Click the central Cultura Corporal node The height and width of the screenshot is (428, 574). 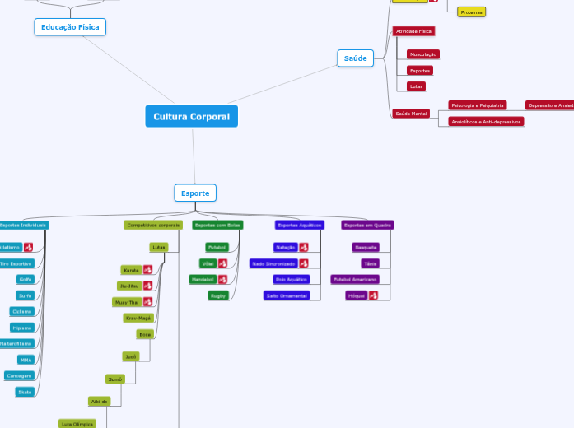tap(191, 116)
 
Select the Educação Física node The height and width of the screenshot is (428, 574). tap(70, 27)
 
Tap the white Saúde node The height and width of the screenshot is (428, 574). tap(355, 58)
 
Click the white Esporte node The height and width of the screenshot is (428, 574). tap(195, 193)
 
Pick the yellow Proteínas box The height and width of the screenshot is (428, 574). tap(471, 12)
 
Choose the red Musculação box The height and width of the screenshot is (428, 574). tap(422, 54)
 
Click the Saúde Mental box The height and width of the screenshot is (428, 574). tap(411, 114)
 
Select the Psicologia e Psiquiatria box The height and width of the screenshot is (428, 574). tap(477, 105)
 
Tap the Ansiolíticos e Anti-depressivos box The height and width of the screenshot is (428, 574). tap(486, 122)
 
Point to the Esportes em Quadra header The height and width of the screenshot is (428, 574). tap(367, 225)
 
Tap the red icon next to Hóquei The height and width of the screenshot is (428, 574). tap(373, 295)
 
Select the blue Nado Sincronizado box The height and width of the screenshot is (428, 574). tap(273, 263)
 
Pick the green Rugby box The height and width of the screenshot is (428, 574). tap(218, 295)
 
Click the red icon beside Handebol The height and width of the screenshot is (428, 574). tap(222, 279)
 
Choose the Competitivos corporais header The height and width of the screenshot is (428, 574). tap(153, 225)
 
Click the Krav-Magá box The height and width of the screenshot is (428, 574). tap(138, 318)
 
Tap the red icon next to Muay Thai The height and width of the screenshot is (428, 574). tap(147, 302)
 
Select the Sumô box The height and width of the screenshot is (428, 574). tap(114, 379)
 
